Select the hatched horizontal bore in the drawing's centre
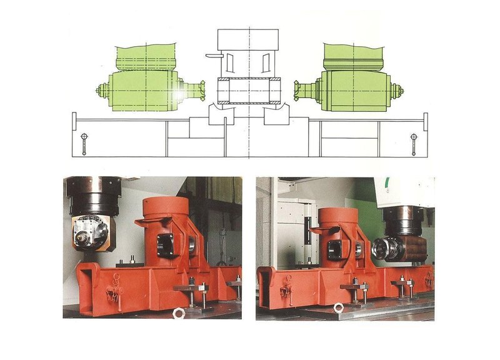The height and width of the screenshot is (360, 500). tap(249, 91)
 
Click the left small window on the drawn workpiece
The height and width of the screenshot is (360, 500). tap(230, 62)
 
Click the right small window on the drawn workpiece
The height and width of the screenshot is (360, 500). tap(267, 62)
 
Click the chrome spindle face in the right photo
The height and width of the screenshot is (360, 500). tap(381, 249)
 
